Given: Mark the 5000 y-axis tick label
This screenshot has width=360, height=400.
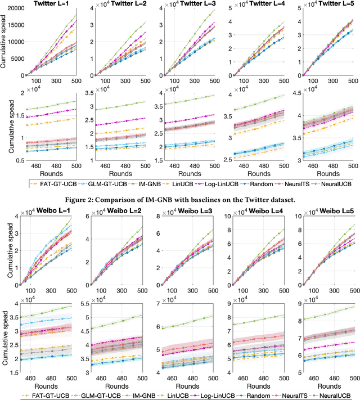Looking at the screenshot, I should [14, 59].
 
